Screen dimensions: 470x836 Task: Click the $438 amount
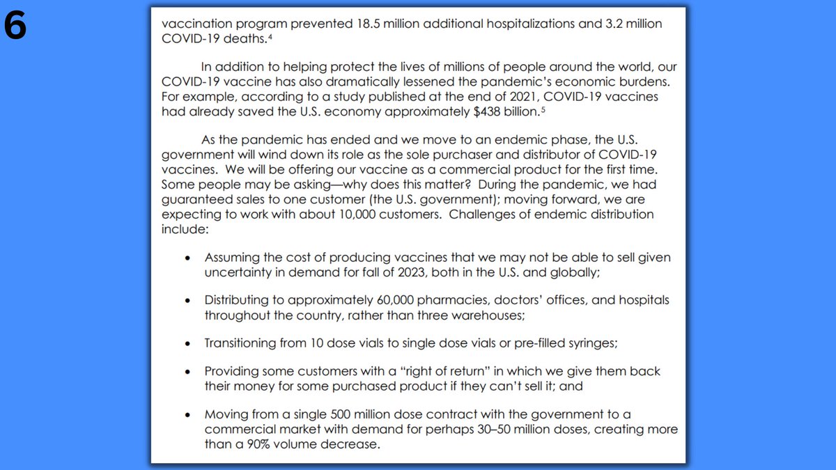462,111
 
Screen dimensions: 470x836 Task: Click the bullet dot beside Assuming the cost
187,258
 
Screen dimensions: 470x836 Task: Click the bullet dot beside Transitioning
187,344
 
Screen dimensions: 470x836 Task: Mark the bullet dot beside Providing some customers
187,372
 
